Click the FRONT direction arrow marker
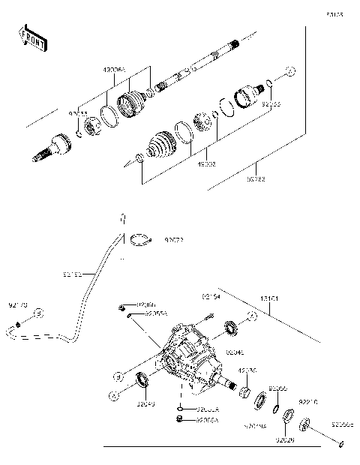coord(33,38)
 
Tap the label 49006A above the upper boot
coord(115,69)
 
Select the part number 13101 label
coord(270,298)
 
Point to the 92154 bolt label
coord(212,298)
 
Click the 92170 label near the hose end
coord(16,305)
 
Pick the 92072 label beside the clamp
coord(175,241)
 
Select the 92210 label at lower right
coord(308,402)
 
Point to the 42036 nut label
coord(247,370)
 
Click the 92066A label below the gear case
coord(207,421)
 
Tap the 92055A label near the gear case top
coord(156,313)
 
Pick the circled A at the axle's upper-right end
coord(291,72)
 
